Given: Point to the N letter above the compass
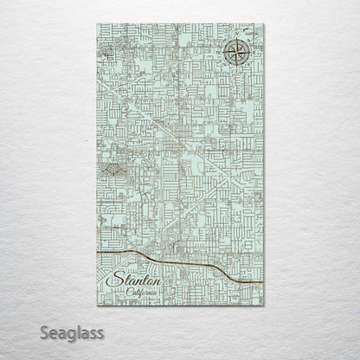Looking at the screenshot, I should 235,35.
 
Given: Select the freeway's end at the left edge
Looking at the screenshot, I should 93,253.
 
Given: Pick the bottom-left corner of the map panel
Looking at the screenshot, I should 92,311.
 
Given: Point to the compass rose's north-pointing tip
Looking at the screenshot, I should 235,40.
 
